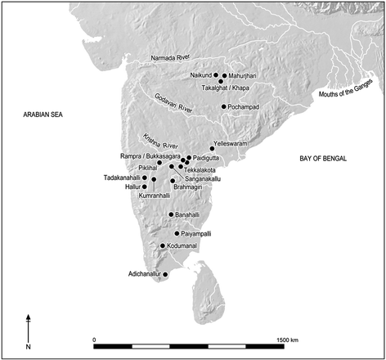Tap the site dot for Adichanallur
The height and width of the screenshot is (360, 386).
click(x=166, y=275)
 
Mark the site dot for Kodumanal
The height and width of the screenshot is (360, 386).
click(x=163, y=245)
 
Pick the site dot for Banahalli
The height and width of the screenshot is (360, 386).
click(x=170, y=215)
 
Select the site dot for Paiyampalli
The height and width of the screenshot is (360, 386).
click(x=177, y=233)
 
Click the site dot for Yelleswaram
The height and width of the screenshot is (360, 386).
click(x=212, y=149)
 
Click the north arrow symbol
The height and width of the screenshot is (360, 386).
click(x=29, y=329)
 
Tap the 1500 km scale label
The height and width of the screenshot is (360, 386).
click(x=287, y=338)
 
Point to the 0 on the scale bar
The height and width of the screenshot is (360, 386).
click(x=95, y=338)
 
